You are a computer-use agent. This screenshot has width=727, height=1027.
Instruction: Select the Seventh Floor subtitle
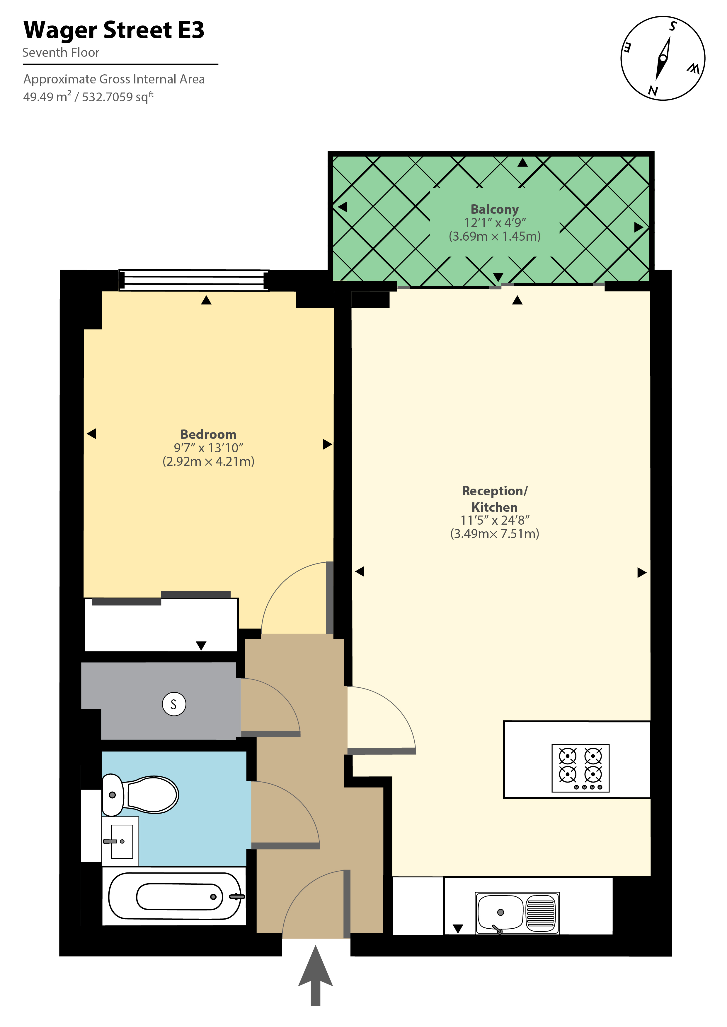tap(61, 53)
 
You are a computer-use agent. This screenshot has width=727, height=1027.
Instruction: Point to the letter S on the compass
tap(672, 26)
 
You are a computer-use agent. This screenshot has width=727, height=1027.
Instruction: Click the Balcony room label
tap(495, 209)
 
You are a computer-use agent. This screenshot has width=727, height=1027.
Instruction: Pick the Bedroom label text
tap(208, 434)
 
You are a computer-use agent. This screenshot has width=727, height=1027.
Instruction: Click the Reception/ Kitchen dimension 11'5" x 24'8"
tap(495, 520)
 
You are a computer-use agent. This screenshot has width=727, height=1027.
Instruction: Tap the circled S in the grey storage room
tap(174, 704)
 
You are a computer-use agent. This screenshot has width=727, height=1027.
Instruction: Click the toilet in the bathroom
tap(140, 795)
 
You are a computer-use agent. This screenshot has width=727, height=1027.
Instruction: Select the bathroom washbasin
tap(120, 841)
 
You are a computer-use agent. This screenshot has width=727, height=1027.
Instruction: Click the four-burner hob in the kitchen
tap(580, 768)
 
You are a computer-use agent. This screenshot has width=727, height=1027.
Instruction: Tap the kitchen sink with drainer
tap(517, 913)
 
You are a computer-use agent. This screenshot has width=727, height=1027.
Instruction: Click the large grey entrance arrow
tap(316, 975)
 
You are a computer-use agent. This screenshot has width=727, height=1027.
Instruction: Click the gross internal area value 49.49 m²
tap(47, 97)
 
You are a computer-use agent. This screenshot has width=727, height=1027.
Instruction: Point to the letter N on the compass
tap(653, 91)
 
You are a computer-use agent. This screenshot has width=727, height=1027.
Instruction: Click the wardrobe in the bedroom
tap(161, 624)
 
